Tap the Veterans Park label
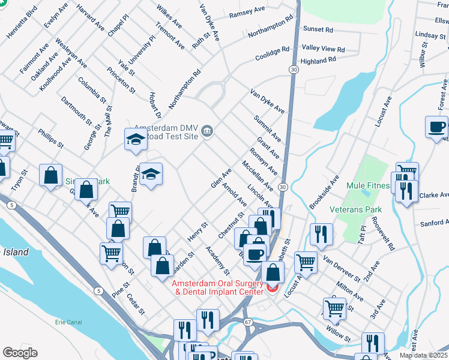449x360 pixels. [355, 209]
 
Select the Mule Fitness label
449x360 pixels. [367, 185]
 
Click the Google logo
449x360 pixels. [19, 353]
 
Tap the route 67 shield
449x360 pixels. [248, 322]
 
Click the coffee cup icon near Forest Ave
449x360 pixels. [436, 127]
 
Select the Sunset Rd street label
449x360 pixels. [318, 29]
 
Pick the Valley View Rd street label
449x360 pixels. [324, 48]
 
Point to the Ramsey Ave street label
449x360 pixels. [247, 11]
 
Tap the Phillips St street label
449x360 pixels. [50, 138]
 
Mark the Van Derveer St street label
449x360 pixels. [340, 268]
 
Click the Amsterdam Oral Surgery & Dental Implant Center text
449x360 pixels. [218, 287]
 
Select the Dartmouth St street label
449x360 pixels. [76, 110]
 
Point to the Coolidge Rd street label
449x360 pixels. [273, 54]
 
